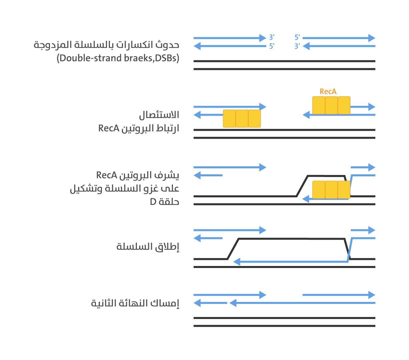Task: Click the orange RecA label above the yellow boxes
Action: tap(328, 92)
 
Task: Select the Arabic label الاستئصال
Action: tap(159, 115)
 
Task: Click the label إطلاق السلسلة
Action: tap(148, 247)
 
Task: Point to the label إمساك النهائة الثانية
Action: tap(135, 303)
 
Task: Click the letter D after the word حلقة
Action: tap(153, 202)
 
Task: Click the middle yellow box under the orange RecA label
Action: tap(331, 105)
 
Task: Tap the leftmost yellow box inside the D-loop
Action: tap(319, 190)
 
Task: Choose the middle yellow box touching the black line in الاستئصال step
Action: tap(242, 119)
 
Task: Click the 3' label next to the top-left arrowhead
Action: tap(272, 37)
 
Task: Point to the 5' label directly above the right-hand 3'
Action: tap(297, 37)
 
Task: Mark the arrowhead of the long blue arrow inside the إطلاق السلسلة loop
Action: tap(236, 262)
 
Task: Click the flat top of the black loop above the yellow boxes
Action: tap(326, 176)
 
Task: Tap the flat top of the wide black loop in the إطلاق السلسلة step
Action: tap(291, 239)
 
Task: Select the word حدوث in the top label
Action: tap(167, 45)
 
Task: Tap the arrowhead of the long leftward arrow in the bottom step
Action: tap(233, 303)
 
